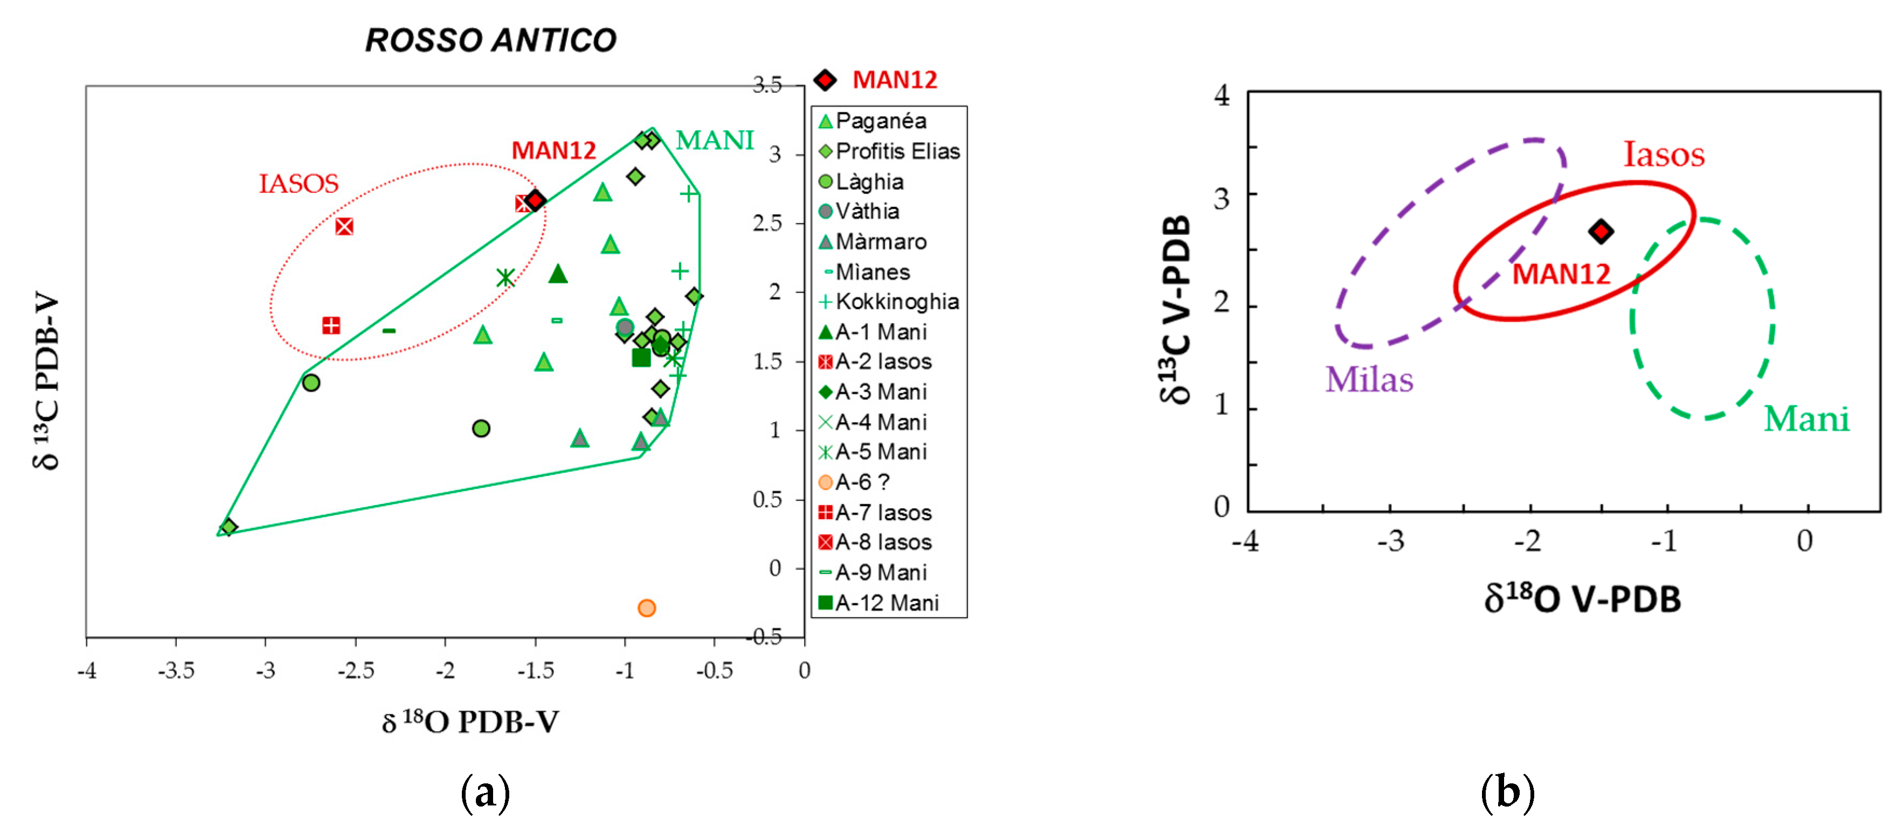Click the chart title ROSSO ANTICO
click(491, 40)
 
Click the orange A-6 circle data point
click(646, 607)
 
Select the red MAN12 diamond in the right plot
click(1601, 231)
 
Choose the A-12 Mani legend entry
click(879, 602)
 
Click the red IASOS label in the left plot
click(299, 184)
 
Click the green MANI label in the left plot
click(714, 140)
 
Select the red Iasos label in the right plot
click(1664, 154)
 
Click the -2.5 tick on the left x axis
click(356, 670)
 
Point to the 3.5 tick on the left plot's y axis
click(766, 86)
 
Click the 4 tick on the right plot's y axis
click(1222, 95)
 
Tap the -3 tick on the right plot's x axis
click(1390, 541)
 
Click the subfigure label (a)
click(485, 793)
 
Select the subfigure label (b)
click(1507, 793)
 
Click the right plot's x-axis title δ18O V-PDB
click(1582, 599)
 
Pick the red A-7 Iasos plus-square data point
click(331, 325)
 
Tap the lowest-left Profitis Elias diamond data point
click(228, 527)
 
